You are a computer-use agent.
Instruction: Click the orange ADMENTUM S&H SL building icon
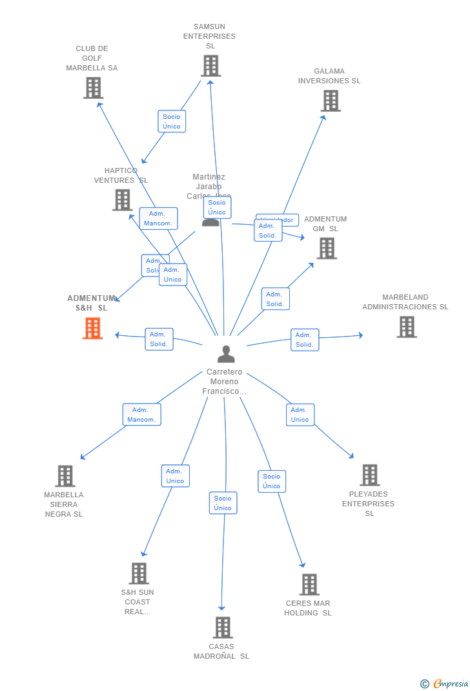tap(93, 328)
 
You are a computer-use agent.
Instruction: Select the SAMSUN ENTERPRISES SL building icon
tap(210, 66)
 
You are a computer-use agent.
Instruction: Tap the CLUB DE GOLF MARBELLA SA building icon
tap(93, 88)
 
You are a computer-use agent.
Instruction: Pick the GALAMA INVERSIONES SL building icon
tap(331, 101)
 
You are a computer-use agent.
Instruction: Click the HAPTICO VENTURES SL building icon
tap(123, 200)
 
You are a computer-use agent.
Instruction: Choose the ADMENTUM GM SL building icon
tap(327, 248)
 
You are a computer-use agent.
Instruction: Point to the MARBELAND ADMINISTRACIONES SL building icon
tap(406, 327)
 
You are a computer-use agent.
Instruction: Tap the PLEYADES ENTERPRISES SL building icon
tap(369, 475)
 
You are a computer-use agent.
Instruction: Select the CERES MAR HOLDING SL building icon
tap(309, 584)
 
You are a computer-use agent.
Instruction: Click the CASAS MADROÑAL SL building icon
tap(223, 627)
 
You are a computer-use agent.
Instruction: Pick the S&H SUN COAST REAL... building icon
tap(139, 573)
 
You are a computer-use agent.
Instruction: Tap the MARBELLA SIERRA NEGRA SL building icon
tap(65, 476)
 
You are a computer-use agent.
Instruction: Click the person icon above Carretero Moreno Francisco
tap(226, 354)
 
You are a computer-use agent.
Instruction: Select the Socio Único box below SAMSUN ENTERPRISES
tap(172, 121)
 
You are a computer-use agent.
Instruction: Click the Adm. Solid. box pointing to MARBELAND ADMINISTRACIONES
tap(305, 340)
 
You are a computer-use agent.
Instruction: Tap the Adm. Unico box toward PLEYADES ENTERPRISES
tap(300, 415)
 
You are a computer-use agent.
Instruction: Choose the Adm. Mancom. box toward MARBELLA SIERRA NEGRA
tap(141, 415)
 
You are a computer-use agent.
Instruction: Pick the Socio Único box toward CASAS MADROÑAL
tap(223, 503)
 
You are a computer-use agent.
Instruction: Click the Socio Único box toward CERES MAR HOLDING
tap(272, 481)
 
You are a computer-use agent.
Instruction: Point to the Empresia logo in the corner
tap(445, 683)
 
